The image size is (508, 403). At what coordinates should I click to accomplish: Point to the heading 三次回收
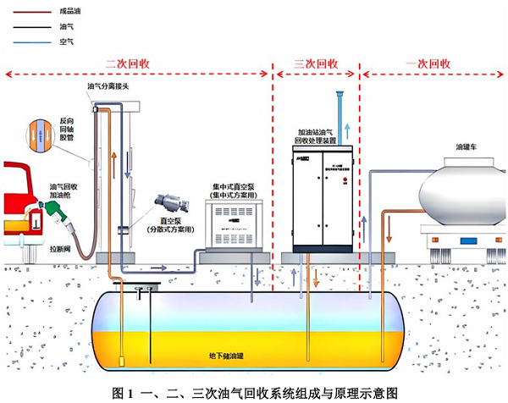point(316,63)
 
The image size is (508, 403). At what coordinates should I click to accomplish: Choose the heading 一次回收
point(428,63)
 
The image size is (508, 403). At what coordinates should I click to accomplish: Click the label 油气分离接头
point(108,86)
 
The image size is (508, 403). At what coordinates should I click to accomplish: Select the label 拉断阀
point(58,250)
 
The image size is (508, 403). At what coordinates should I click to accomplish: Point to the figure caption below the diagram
point(253,393)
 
